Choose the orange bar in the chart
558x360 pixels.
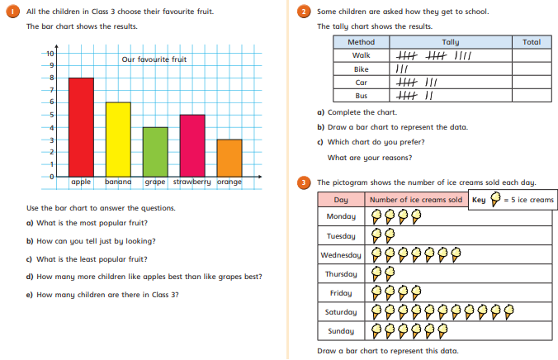coord(229,158)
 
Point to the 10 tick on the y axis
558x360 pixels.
coord(50,53)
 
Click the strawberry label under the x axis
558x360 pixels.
coord(192,182)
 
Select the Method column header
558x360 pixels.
coord(361,41)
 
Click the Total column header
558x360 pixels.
coord(532,41)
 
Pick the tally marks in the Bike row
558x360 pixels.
coord(403,69)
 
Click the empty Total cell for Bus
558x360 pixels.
coord(532,96)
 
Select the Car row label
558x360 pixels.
coord(361,83)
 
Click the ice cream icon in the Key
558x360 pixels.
coord(494,199)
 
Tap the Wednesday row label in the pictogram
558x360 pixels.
coord(341,255)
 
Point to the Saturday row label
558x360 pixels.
coord(341,312)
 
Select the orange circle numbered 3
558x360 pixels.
coord(305,182)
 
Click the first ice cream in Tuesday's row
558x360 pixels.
coord(376,235)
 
